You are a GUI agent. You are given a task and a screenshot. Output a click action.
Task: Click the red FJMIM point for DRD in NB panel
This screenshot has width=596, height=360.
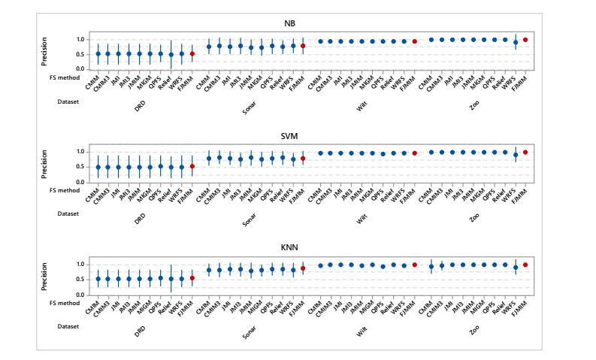tap(192, 54)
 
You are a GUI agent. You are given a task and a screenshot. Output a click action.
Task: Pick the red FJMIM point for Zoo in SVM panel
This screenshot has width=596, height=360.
tap(525, 153)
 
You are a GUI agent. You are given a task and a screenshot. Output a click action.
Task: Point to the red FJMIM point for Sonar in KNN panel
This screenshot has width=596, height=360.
tap(303, 268)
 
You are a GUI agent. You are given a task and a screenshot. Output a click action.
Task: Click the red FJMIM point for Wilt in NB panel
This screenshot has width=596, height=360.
tap(414, 41)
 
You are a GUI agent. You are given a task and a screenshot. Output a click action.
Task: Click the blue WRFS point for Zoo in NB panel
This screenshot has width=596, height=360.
tap(515, 42)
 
